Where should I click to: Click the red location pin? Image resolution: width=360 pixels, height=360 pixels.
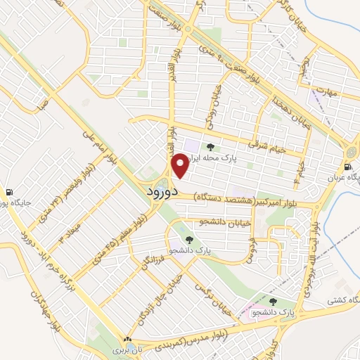point(180,166)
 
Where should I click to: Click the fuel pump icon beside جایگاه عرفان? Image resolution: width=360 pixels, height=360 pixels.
point(348,167)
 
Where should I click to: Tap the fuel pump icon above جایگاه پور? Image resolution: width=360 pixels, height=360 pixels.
point(8,192)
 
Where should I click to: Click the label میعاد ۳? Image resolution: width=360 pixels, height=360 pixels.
point(69,231)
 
